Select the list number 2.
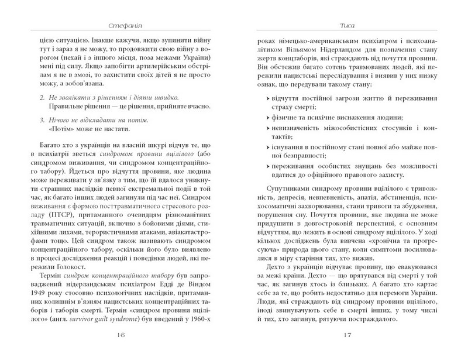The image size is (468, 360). [40, 95]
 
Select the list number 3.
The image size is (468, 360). [40, 120]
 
